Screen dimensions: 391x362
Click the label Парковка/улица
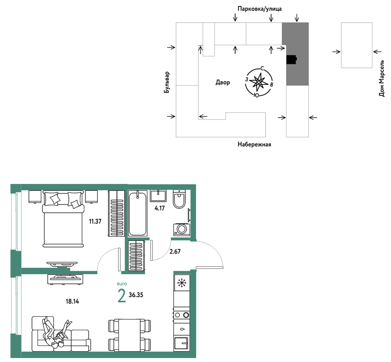point(260,9)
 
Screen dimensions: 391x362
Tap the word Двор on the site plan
point(223,83)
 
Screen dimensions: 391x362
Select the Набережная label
point(254,145)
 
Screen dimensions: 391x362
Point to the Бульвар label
point(167,83)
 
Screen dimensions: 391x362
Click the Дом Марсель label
point(382,78)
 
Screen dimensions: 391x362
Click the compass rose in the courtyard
point(259,82)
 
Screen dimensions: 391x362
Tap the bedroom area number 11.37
point(95,221)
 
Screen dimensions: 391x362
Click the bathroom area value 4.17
point(160,208)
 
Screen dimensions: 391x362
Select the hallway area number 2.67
point(175,251)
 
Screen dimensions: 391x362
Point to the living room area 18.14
point(72,302)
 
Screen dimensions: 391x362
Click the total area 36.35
point(136,295)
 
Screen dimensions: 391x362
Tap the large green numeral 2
point(122,296)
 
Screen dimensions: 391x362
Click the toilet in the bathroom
point(179,199)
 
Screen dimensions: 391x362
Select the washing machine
point(182,229)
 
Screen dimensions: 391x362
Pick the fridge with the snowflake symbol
point(182,283)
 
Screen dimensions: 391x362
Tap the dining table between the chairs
point(130,335)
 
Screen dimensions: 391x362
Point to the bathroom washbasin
point(158,196)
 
